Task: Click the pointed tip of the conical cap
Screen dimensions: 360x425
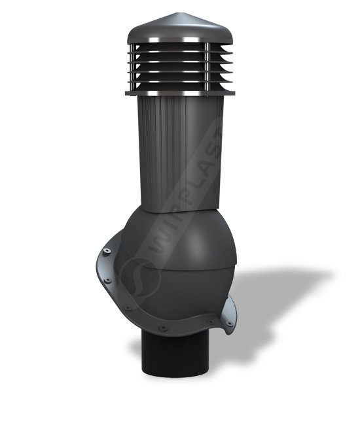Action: point(178,12)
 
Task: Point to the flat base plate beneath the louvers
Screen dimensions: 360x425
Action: point(180,93)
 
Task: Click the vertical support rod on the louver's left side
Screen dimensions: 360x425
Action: point(132,67)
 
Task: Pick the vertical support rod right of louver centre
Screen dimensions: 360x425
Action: point(207,67)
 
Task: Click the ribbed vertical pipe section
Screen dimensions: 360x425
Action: point(180,153)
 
